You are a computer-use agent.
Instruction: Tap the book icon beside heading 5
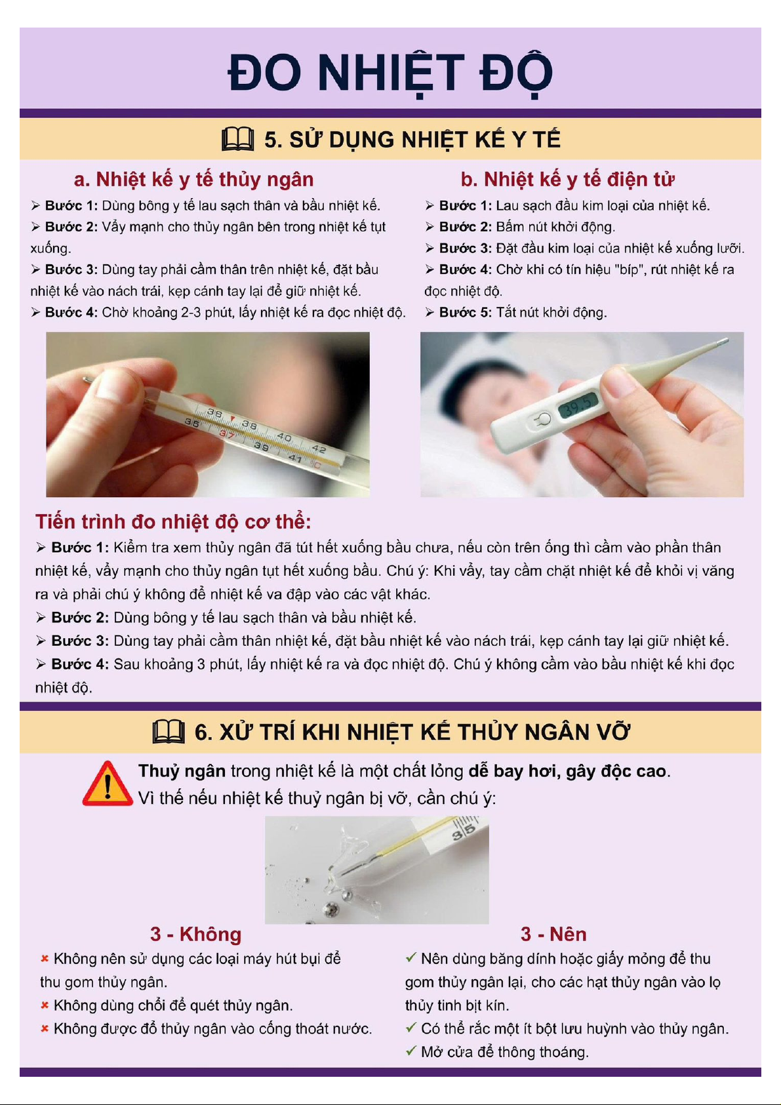point(238,139)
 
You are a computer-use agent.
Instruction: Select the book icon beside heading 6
point(169,732)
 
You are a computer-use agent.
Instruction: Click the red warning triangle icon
point(107,784)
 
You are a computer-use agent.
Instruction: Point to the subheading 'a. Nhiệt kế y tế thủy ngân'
point(193,180)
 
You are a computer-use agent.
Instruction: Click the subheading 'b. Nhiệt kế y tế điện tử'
point(567,180)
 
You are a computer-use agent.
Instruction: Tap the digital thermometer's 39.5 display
point(578,405)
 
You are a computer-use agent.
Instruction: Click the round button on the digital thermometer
point(542,420)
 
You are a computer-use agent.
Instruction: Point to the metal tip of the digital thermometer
point(722,341)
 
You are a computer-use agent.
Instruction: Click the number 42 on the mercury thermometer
point(318,449)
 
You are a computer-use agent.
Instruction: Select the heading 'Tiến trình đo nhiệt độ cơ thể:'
point(173,521)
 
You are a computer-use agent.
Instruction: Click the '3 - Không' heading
point(196,934)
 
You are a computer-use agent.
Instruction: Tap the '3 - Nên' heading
point(553,934)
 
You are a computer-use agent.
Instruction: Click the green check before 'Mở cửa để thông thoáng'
point(411,1051)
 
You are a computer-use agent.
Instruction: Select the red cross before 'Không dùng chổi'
point(45,1005)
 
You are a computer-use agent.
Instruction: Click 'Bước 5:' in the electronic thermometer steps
point(465,312)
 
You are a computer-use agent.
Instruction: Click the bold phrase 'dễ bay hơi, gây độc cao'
point(567,771)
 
